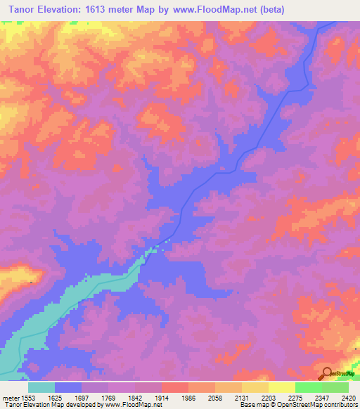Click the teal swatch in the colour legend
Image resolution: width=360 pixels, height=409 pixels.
41,387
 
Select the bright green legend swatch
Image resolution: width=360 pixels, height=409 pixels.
308,387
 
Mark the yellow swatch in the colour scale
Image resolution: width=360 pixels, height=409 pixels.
281,387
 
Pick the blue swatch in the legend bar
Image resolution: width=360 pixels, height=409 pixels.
68,387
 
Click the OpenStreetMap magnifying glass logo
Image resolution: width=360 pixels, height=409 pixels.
327,374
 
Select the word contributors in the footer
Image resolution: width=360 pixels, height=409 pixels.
340,405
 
